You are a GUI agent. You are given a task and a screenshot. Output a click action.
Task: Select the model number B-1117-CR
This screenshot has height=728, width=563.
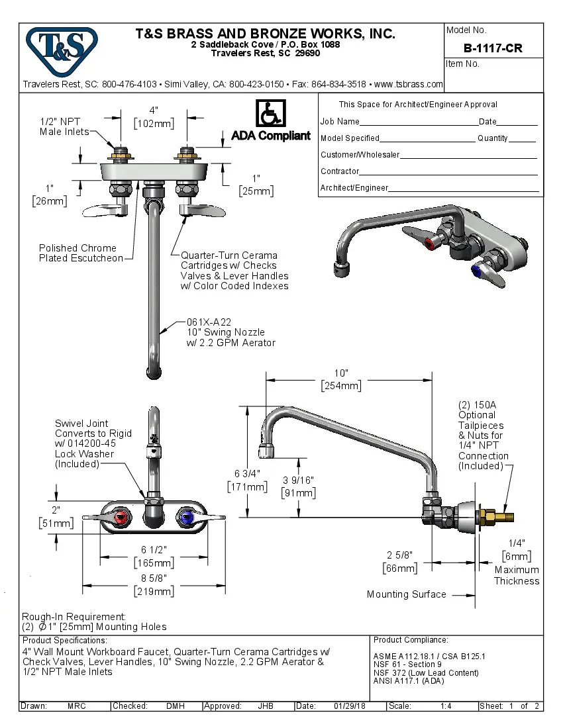pos(493,48)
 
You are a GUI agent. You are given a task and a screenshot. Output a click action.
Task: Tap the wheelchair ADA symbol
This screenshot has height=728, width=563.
pos(270,113)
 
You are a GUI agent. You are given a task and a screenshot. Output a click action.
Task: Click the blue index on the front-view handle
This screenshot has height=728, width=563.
pos(186,517)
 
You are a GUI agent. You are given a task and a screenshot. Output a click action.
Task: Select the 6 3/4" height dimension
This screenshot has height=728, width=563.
pos(247,480)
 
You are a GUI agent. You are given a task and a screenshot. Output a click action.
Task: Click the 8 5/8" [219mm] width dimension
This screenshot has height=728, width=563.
pos(154,585)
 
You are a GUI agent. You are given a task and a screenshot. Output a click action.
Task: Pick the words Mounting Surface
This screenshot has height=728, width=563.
pos(406,594)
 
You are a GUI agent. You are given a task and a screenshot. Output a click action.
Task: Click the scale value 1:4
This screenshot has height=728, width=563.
pos(446,706)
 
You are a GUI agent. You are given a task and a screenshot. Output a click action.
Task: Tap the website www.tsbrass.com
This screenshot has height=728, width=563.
pos(408,84)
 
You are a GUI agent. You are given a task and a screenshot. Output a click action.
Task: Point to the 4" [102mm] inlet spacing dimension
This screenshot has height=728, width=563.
pos(154,116)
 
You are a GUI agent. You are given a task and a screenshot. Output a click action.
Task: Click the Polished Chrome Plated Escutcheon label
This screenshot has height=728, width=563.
pos(80,253)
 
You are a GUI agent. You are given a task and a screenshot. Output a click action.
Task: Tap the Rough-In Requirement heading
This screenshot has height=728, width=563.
pos(74,616)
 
